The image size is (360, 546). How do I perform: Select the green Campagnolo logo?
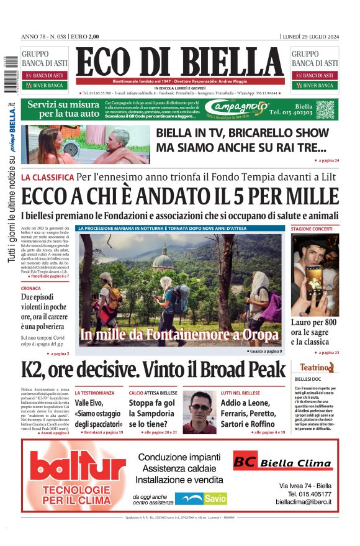pos(247,109)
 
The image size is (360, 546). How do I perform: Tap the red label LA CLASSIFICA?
pos(48,177)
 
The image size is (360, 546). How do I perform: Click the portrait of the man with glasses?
pos(200,416)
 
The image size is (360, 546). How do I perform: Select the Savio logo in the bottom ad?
pos(200,498)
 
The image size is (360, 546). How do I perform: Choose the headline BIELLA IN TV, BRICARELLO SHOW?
pos(242,132)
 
